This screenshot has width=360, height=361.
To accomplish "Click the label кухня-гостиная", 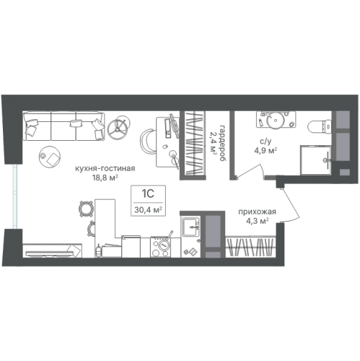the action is pyautogui.click(x=105, y=168).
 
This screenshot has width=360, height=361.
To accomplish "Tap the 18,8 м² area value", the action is pyautogui.click(x=105, y=178).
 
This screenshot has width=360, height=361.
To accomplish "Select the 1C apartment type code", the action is pyautogui.click(x=148, y=193).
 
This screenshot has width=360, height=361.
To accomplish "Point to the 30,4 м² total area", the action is pyautogui.click(x=148, y=210).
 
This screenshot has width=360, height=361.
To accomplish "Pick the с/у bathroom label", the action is pyautogui.click(x=265, y=142).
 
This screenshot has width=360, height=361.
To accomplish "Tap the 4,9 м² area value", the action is pyautogui.click(x=265, y=151).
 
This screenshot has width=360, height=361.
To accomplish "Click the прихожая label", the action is pyautogui.click(x=257, y=212).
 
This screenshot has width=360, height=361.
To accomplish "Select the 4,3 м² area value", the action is pyautogui.click(x=257, y=221).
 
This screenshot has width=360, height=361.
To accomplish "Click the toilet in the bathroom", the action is pyautogui.click(x=320, y=126).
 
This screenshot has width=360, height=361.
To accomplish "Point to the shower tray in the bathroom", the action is pyautogui.click(x=315, y=160).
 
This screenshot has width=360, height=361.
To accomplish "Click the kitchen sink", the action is pyautogui.click(x=190, y=227).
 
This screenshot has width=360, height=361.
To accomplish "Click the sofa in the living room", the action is pyautogui.click(x=64, y=126).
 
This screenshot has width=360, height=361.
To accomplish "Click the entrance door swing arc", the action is pyautogui.click(x=291, y=206).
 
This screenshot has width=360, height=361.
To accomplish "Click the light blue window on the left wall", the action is pyautogui.click(x=15, y=196).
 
